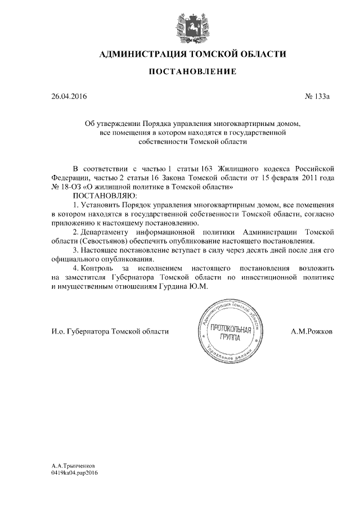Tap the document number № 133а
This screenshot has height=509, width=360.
tap(317, 97)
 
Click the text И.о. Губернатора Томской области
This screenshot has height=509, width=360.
tap(110, 332)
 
